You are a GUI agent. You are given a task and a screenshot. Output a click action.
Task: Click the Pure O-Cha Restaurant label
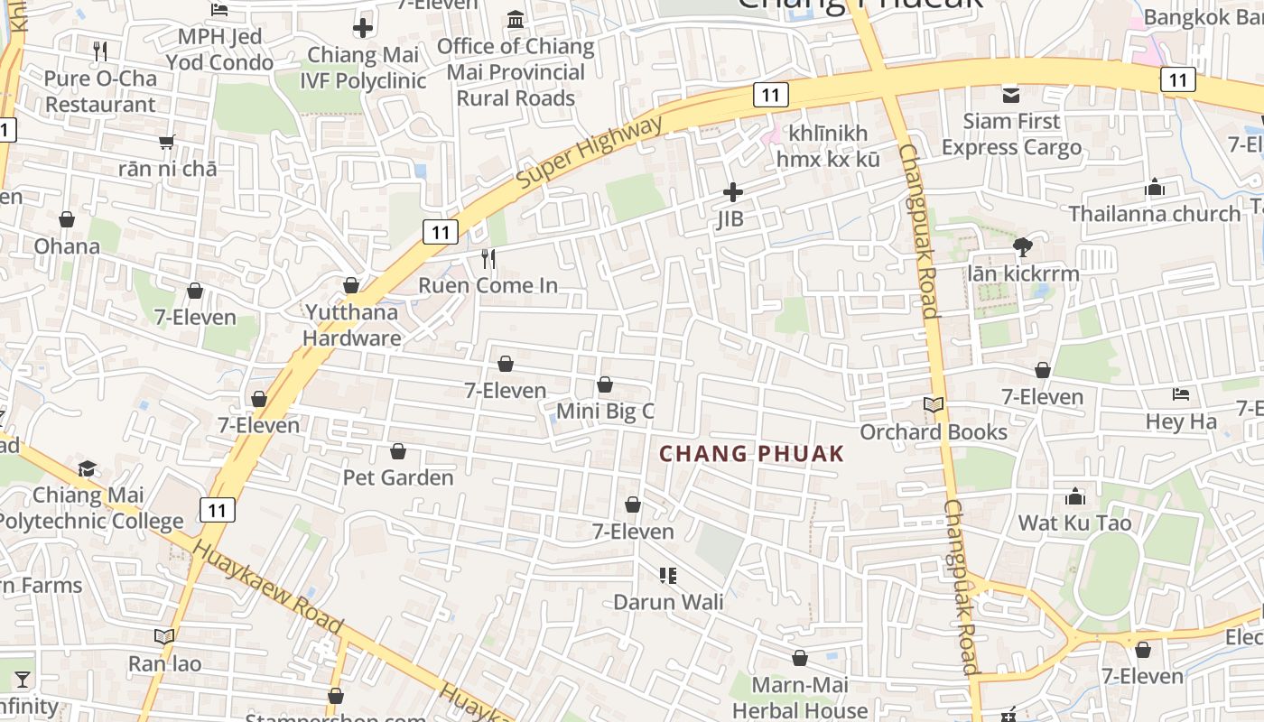100,91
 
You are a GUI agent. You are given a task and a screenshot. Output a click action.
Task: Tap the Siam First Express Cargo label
1011,134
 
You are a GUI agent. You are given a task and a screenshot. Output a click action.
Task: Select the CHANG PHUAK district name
751,453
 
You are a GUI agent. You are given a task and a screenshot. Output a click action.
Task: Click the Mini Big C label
604,412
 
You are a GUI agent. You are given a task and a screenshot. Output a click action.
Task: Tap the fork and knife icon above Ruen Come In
488,260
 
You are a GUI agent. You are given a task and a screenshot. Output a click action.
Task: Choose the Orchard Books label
933,431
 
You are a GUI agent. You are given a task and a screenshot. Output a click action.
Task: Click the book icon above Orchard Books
933,404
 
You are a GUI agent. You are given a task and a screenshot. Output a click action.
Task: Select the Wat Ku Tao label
1074,523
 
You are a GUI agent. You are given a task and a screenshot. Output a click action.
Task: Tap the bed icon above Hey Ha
1180,394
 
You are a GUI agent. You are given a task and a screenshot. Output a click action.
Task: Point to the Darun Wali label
668,601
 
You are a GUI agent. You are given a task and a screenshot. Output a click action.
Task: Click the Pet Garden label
398,477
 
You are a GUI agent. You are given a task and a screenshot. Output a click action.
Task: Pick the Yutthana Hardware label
352,325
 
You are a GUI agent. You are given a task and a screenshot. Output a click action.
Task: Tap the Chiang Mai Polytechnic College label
90,508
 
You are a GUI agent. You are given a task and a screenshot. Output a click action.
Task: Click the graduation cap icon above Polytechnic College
87,468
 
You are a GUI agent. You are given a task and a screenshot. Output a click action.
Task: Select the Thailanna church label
1155,214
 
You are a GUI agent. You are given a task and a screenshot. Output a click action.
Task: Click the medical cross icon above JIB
732,192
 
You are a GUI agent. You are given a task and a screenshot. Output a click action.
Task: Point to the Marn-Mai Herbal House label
799,698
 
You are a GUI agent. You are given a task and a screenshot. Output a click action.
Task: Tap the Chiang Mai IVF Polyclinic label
366,68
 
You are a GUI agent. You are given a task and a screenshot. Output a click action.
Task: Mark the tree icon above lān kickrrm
1023,245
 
